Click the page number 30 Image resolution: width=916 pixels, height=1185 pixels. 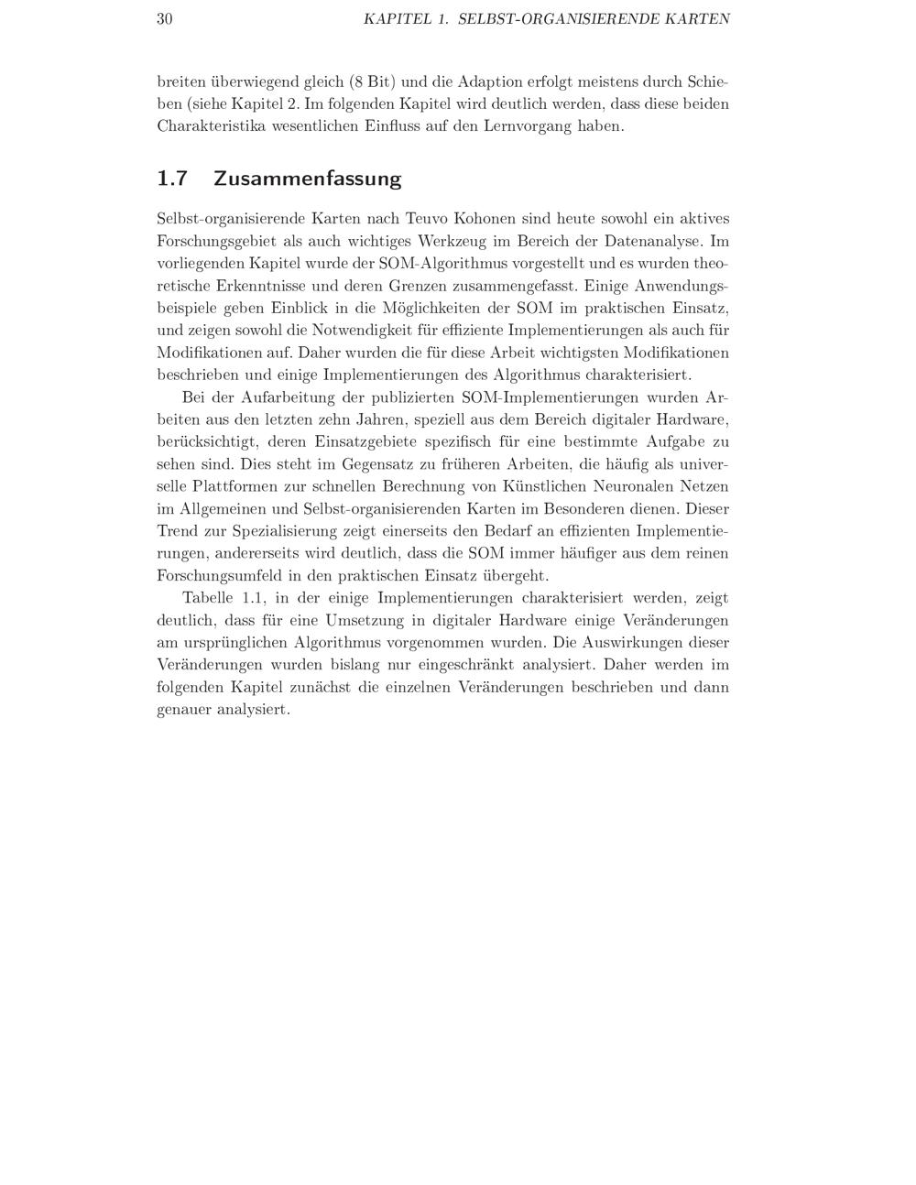pyautogui.click(x=165, y=18)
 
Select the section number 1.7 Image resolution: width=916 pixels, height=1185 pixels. pyautogui.click(x=172, y=178)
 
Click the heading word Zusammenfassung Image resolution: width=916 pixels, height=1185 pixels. pyautogui.click(x=307, y=178)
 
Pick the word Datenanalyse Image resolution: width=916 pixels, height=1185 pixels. pyautogui.click(x=653, y=241)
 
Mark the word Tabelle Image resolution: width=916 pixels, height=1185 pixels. pyautogui.click(x=208, y=598)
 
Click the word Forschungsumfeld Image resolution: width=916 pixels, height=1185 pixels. pyautogui.click(x=225, y=575)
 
